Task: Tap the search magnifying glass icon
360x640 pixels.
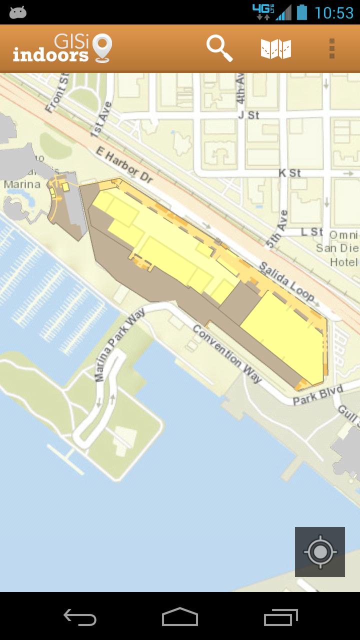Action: click(219, 48)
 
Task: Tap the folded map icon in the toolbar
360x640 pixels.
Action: click(276, 49)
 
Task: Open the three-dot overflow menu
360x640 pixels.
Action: click(332, 48)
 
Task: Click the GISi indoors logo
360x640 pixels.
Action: click(62, 48)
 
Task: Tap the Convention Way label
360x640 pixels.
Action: click(227, 354)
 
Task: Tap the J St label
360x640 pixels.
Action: click(248, 115)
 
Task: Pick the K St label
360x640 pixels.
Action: click(289, 173)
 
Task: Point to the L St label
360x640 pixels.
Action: click(312, 232)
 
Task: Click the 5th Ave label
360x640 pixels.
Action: click(277, 229)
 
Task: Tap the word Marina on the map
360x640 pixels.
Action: click(22, 184)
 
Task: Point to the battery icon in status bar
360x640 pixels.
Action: click(301, 12)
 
